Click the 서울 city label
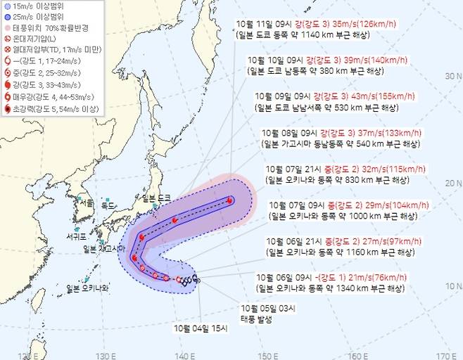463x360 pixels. (87, 202)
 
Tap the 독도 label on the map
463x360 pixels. (108, 205)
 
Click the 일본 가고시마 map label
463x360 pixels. (103, 249)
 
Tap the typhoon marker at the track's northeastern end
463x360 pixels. (229, 200)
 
